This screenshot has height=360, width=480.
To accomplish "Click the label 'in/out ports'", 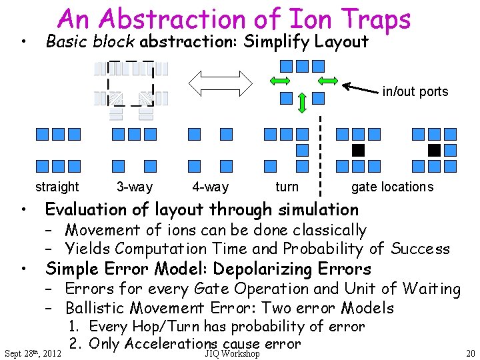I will (415, 91).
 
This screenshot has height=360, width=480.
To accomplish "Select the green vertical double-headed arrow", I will (302, 103).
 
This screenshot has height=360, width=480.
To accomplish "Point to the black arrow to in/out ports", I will (360, 88).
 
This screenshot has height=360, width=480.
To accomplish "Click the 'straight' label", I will (57, 187).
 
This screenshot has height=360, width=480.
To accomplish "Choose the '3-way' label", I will (134, 187).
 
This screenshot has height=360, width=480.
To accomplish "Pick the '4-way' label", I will (210, 187).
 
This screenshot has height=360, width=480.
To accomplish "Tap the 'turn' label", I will (287, 187).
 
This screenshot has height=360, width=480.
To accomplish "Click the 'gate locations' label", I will (392, 187).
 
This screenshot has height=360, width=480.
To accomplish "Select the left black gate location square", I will (358, 149).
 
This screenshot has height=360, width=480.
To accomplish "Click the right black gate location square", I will (435, 149).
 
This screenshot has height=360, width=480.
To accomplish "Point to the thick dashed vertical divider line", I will (321, 153).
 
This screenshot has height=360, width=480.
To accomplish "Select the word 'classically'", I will (324, 230).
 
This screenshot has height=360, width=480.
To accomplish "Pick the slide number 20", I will (470, 353).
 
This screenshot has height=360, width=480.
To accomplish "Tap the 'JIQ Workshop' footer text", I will (232, 353).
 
